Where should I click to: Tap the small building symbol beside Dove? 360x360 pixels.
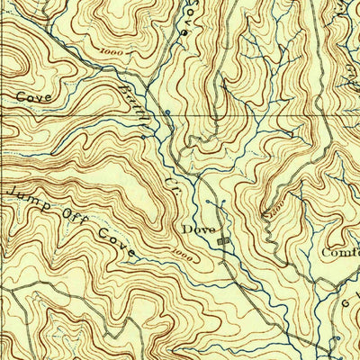pos(224,240)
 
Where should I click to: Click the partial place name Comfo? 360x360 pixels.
pos(340,253)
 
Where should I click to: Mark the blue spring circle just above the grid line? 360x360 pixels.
pos(167,111)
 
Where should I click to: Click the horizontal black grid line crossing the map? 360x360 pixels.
pos(90,116)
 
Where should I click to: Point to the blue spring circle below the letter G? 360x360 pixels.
pos(335,338)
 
